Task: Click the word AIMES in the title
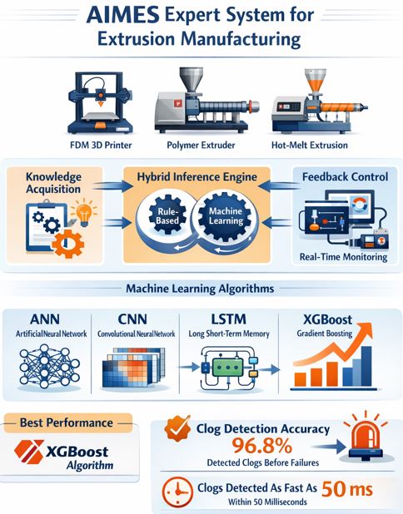pos(122,16)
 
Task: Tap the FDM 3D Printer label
pos(101,145)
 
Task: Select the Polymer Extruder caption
pos(201,145)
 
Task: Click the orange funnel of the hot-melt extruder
pos(315,81)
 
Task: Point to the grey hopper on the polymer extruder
pos(191,79)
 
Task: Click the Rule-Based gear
pos(167,215)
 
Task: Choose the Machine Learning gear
pos(226,216)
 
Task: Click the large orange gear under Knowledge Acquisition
pos(68,244)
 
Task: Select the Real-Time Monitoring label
pos(343,257)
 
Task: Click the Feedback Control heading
pos(345,177)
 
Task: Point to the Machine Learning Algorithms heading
pos(200,289)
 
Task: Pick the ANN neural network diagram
pos(49,366)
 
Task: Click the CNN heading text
pos(132,319)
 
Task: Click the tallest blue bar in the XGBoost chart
pos(366,366)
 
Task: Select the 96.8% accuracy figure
pos(262,446)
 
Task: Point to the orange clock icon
pos(177,492)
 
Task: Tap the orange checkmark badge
pos(177,428)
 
